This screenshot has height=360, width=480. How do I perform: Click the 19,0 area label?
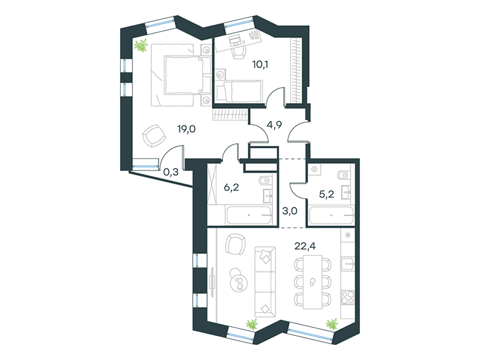tap(186, 129)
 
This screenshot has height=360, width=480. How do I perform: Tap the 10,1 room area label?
tap(260, 64)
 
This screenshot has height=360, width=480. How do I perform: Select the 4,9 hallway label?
tap(274, 125)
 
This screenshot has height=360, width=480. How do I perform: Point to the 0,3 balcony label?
tap(170, 172)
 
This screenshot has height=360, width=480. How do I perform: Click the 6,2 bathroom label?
tap(231, 187)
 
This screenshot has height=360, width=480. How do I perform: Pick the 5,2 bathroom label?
tap(326, 194)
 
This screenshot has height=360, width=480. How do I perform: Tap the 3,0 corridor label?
tap(290, 211)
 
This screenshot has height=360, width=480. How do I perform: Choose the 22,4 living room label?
tap(305, 245)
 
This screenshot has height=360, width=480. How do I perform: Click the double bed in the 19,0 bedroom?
tap(183, 75)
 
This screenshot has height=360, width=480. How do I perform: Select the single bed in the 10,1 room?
tap(239, 91)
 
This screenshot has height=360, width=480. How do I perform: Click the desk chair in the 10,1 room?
tap(238, 52)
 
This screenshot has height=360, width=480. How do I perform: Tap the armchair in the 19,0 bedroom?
tap(154, 136)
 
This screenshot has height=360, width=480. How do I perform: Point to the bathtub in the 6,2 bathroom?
tap(249, 215)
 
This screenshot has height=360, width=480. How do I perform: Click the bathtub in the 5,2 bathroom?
tap(331, 215)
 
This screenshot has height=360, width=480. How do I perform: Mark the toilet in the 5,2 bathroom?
tap(343, 175)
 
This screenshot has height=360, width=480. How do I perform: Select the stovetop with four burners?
tap(347, 296)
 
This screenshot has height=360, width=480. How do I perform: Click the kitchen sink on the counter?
tap(348, 263)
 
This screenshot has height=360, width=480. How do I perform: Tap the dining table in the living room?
tap(313, 281)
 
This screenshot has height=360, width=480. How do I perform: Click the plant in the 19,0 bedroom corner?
tap(141, 46)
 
